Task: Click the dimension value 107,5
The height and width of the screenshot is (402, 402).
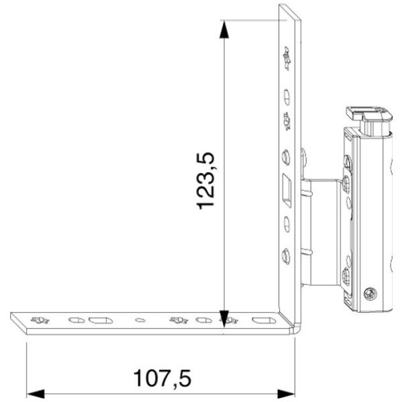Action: pyautogui.click(x=161, y=379)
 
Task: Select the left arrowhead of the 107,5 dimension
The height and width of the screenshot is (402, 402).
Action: pyautogui.click(x=33, y=392)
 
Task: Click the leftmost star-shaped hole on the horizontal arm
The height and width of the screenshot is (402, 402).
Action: pyautogui.click(x=40, y=320)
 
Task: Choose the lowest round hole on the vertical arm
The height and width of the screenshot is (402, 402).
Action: pyautogui.click(x=287, y=254)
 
